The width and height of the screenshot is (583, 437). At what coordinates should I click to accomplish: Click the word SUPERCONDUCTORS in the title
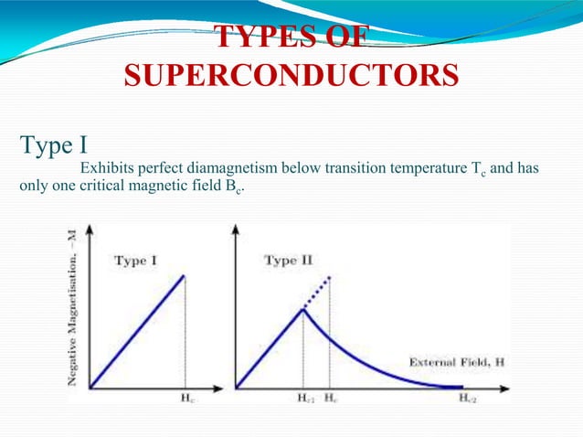291,76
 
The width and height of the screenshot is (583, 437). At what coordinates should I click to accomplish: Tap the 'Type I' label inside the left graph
135,261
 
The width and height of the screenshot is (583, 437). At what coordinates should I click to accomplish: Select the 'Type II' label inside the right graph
288,261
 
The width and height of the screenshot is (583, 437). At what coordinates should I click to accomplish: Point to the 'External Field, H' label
455,362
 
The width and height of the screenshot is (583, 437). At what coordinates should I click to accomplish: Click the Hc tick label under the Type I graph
185,399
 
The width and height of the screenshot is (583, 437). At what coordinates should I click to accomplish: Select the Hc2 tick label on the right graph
467,399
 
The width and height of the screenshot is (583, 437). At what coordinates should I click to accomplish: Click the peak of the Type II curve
303,310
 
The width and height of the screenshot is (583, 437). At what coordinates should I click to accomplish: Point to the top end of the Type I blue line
185,275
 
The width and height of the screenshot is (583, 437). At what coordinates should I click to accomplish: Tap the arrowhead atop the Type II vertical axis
237,229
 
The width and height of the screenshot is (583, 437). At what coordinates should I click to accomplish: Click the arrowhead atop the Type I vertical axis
90,229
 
